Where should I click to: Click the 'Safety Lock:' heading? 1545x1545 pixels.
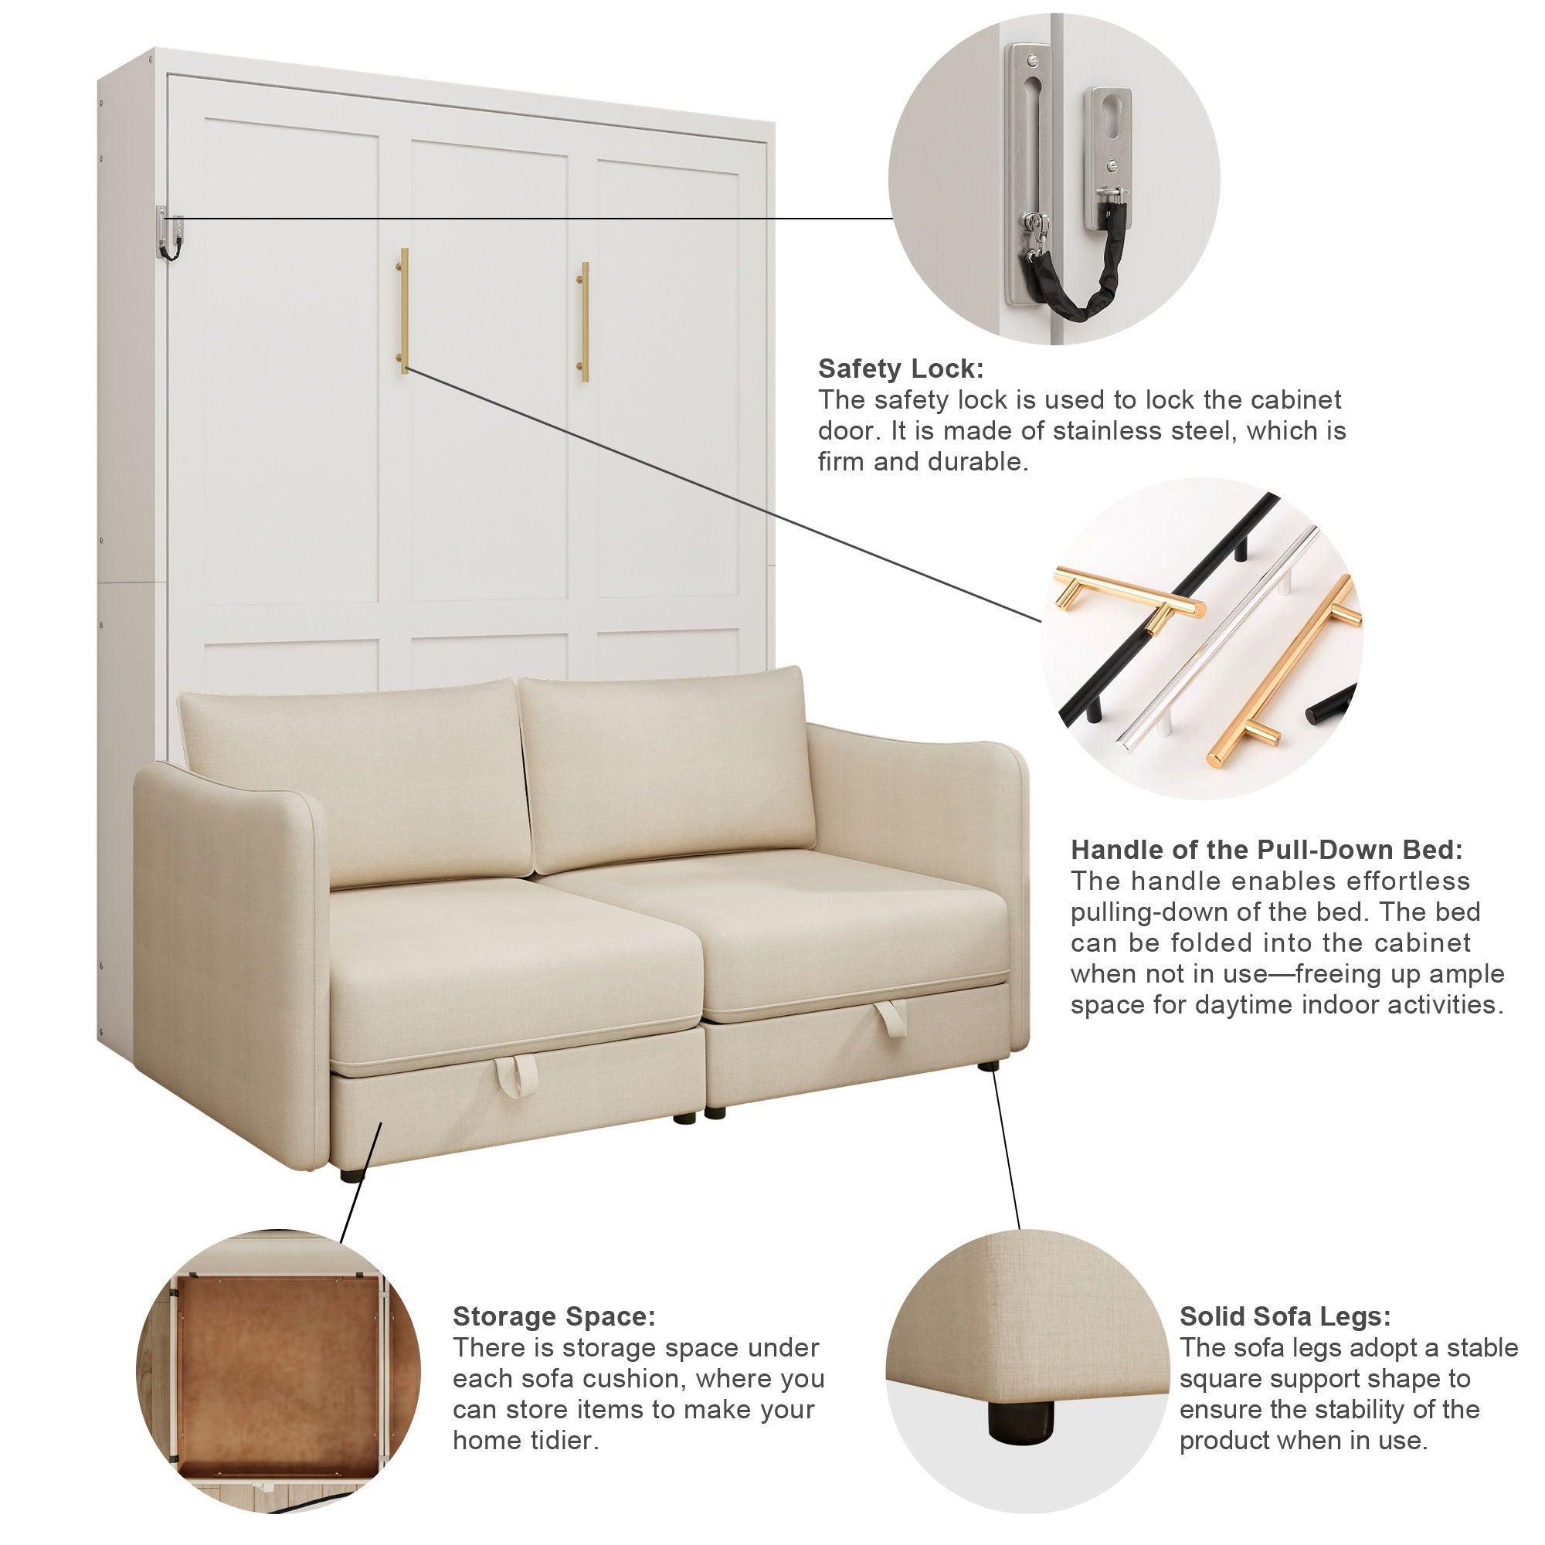click(x=901, y=368)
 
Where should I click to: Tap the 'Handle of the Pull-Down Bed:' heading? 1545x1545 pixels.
click(x=1267, y=848)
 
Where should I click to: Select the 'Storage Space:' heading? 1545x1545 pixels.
click(x=554, y=1316)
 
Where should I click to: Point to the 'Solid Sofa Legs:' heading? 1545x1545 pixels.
click(x=1285, y=1316)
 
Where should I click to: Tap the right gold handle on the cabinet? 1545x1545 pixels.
click(x=585, y=321)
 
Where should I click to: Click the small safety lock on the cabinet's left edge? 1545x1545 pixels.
click(x=168, y=232)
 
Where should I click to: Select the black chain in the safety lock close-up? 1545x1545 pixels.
click(x=1071, y=265)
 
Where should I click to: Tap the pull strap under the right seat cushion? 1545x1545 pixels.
click(x=889, y=1019)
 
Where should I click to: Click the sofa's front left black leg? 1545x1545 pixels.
click(x=348, y=1175)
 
